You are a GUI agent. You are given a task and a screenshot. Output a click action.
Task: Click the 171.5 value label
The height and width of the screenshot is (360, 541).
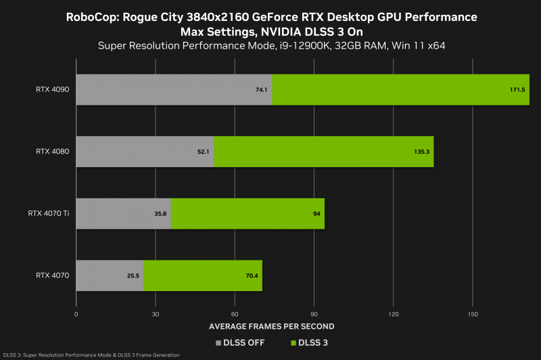click(x=517, y=89)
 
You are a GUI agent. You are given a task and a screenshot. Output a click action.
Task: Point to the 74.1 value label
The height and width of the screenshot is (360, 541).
click(x=262, y=89)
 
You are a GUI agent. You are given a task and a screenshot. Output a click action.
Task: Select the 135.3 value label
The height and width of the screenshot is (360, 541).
click(x=421, y=152)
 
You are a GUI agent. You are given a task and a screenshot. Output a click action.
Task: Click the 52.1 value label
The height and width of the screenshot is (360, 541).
click(x=204, y=152)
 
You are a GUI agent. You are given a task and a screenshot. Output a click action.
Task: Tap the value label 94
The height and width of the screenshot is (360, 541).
click(x=316, y=214)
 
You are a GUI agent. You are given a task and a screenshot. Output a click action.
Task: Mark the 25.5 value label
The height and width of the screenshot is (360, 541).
click(x=133, y=275)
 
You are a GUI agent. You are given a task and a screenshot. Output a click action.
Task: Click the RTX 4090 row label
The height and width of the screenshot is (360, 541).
click(x=53, y=89)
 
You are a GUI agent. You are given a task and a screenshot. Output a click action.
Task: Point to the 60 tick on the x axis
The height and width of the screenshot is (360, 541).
click(x=235, y=314)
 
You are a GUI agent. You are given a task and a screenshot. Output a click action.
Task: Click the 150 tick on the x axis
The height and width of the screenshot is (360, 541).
click(x=473, y=314)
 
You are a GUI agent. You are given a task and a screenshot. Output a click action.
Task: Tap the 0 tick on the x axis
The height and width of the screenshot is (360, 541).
click(x=76, y=314)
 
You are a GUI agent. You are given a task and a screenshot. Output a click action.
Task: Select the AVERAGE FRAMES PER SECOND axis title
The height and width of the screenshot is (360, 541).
click(x=272, y=326)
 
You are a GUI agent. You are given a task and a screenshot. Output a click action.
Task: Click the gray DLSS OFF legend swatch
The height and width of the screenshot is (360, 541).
click(x=219, y=342)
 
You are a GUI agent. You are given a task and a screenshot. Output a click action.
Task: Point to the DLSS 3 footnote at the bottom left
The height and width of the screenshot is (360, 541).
click(x=91, y=355)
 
